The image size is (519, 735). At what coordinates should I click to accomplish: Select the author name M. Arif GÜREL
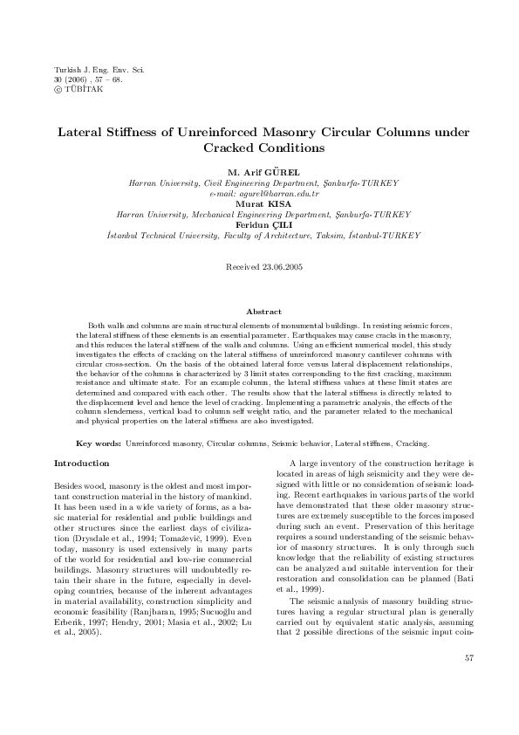[258, 174]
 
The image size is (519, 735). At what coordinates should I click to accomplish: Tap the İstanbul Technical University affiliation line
[259, 235]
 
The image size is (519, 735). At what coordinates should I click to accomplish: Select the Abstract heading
[259, 311]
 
